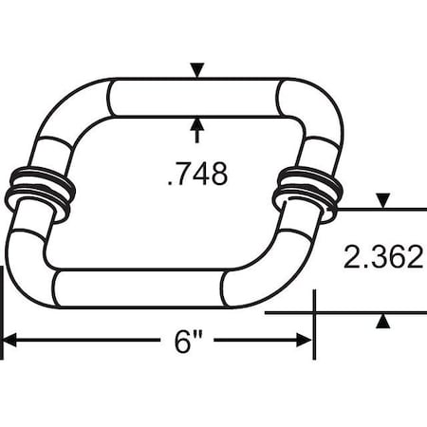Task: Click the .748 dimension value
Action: click(196, 176)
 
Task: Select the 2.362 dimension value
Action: click(384, 258)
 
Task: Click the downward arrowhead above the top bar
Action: click(197, 70)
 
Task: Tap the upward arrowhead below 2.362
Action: click(382, 322)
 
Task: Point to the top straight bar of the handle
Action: click(197, 98)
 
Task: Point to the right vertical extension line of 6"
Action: click(313, 327)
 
